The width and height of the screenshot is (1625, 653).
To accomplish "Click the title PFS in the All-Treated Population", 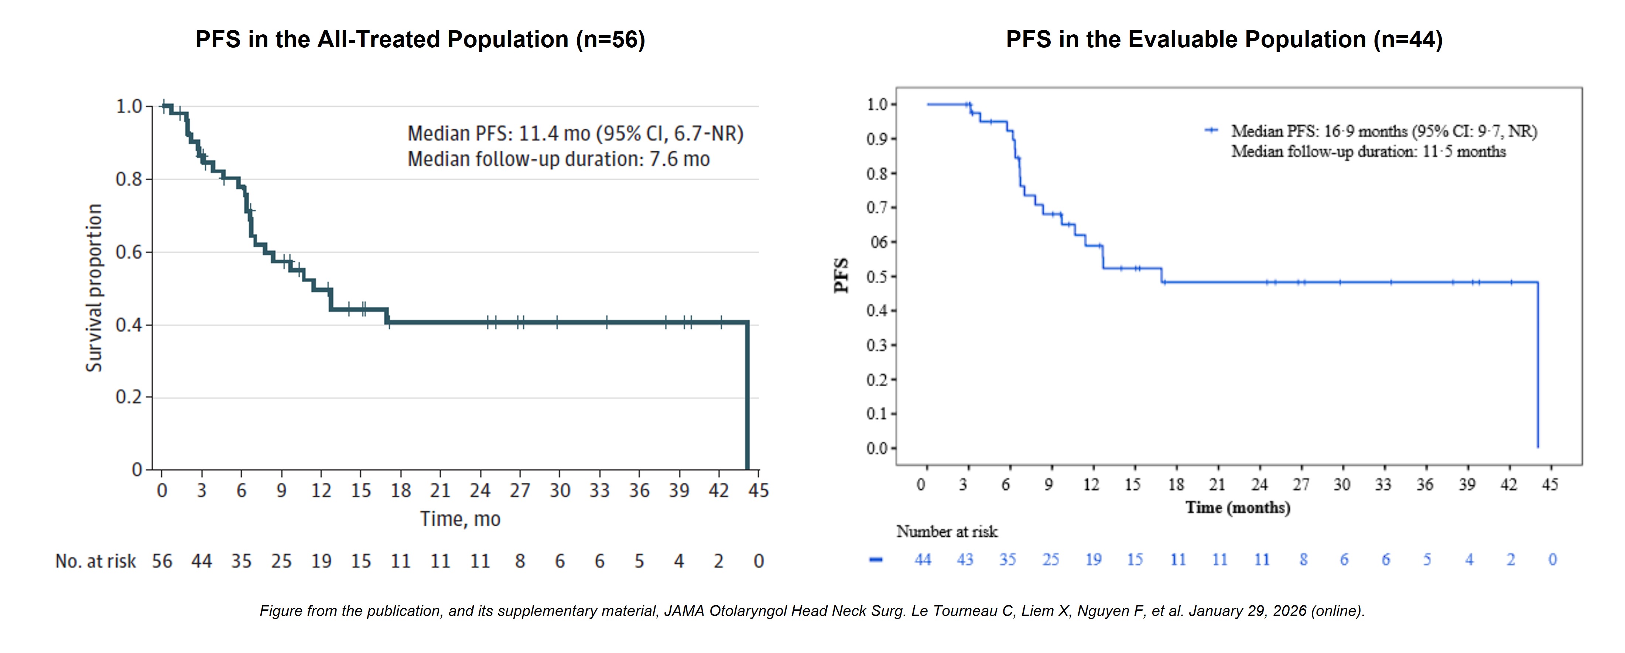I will pos(420,39).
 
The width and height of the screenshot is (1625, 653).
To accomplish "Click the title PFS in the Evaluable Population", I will pos(1224,39).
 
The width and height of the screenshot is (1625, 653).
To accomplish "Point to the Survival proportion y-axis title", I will pos(94,288).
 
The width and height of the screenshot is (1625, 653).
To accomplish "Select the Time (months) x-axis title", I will pos(1238,507).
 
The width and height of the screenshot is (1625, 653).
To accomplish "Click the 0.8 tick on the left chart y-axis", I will pos(129,179).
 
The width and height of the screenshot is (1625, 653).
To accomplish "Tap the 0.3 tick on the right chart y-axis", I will pos(877,345).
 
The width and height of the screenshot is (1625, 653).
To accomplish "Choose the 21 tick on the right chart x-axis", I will pos(1217,485).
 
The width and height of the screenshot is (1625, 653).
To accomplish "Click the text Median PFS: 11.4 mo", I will pos(498,134).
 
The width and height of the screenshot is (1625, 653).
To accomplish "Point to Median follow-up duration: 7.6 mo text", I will pos(558,159).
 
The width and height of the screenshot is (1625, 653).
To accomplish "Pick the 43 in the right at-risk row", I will pos(965,559).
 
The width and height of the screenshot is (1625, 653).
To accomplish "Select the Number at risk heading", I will pos(947,532).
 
